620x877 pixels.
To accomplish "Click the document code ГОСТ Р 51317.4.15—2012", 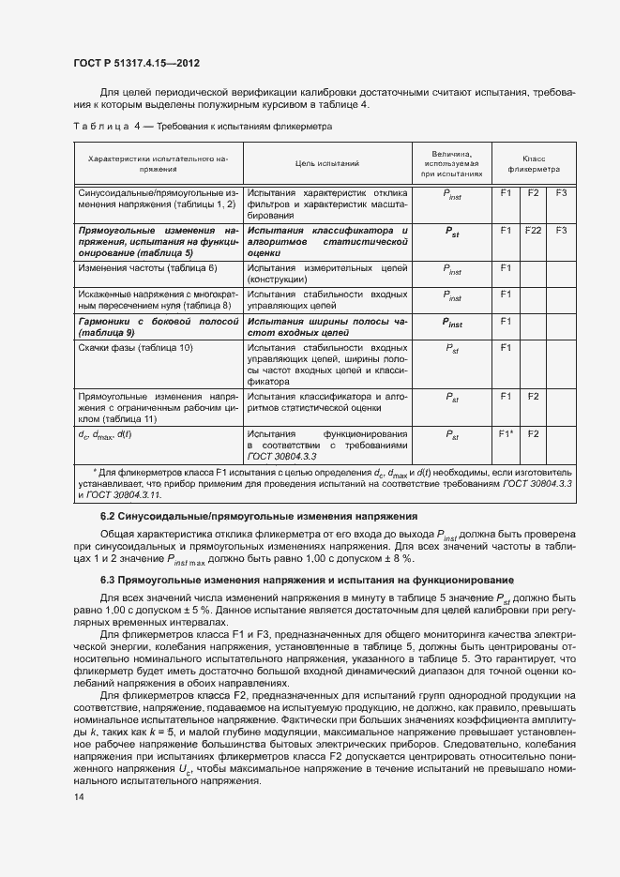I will (136, 63).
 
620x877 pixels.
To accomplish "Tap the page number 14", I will (78, 796).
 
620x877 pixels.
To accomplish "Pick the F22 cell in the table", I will (534, 230).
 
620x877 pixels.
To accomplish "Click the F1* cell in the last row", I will (507, 435).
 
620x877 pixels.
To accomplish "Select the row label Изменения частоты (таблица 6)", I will (147, 268).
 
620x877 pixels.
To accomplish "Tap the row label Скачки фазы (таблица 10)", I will (135, 348).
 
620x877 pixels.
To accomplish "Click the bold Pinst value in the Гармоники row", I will (452, 324).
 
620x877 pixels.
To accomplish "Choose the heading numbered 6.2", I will (219, 517).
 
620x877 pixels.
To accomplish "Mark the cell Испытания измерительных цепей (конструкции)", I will (327, 274).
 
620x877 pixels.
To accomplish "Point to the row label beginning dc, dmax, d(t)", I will (105, 435).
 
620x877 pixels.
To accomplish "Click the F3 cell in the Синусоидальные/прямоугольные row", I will (562, 192).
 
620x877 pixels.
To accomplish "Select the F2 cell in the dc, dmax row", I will (534, 435).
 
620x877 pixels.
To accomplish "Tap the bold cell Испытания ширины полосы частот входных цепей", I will (327, 326).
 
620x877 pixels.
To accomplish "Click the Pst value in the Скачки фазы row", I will (452, 348).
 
